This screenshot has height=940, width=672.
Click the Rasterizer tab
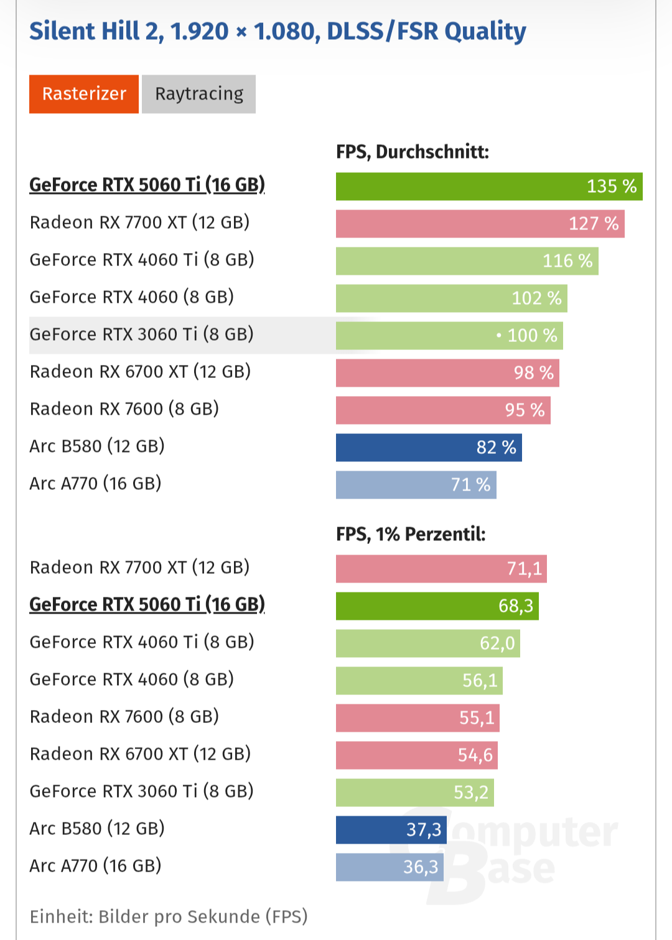[84, 94]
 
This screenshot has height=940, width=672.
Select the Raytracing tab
[198, 94]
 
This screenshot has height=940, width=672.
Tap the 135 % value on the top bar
[611, 187]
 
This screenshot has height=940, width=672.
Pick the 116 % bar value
[567, 261]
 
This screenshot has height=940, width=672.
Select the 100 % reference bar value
[531, 336]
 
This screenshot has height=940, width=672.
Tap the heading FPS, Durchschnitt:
[413, 152]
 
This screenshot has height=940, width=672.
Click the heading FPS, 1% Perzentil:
[411, 534]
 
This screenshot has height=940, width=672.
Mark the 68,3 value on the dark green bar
[515, 606]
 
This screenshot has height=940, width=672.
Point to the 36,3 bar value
[420, 867]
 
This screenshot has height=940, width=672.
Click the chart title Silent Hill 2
[278, 31]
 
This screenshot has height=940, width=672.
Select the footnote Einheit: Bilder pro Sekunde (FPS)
[169, 916]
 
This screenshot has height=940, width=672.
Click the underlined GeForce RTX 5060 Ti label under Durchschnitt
[147, 185]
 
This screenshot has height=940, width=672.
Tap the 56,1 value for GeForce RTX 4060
[479, 681]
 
